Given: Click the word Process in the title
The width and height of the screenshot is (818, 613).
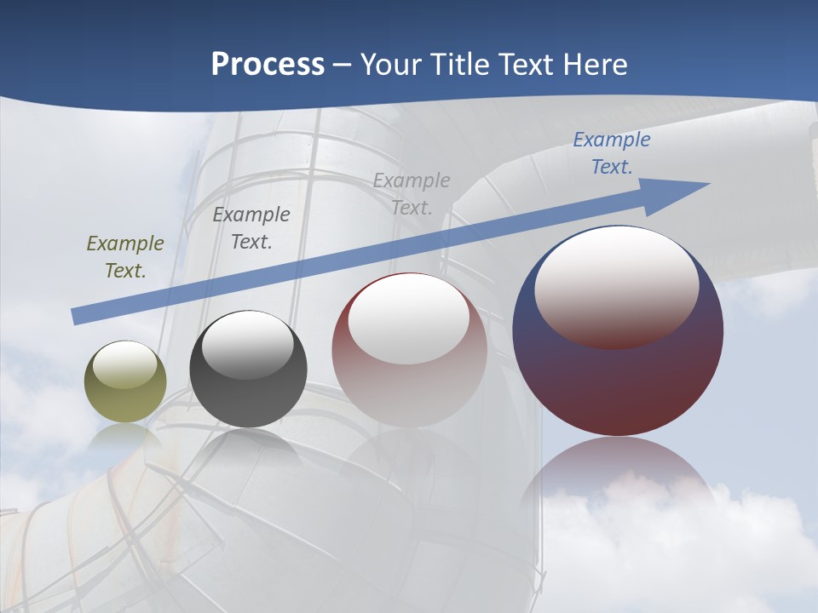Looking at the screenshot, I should (268, 65).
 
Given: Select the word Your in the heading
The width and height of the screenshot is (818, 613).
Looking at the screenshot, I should (392, 65).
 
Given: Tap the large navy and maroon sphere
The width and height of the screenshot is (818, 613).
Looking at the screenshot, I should (618, 383).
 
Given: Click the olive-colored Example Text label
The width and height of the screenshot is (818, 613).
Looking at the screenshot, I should (125, 256).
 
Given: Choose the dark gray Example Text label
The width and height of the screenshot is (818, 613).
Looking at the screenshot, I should (251, 227).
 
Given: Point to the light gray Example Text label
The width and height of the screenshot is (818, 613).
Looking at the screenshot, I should (412, 193).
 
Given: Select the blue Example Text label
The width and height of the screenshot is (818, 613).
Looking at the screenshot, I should (611, 152).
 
